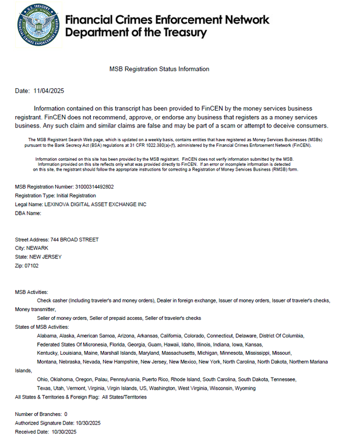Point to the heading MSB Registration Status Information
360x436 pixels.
(x=159, y=69)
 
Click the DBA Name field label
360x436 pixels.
(x=28, y=213)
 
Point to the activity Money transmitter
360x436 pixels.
(x=34, y=310)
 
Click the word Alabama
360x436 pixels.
(x=47, y=336)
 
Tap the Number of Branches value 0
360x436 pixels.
(x=66, y=415)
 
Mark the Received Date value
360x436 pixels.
(x=64, y=432)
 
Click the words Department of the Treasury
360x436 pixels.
(x=136, y=33)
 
